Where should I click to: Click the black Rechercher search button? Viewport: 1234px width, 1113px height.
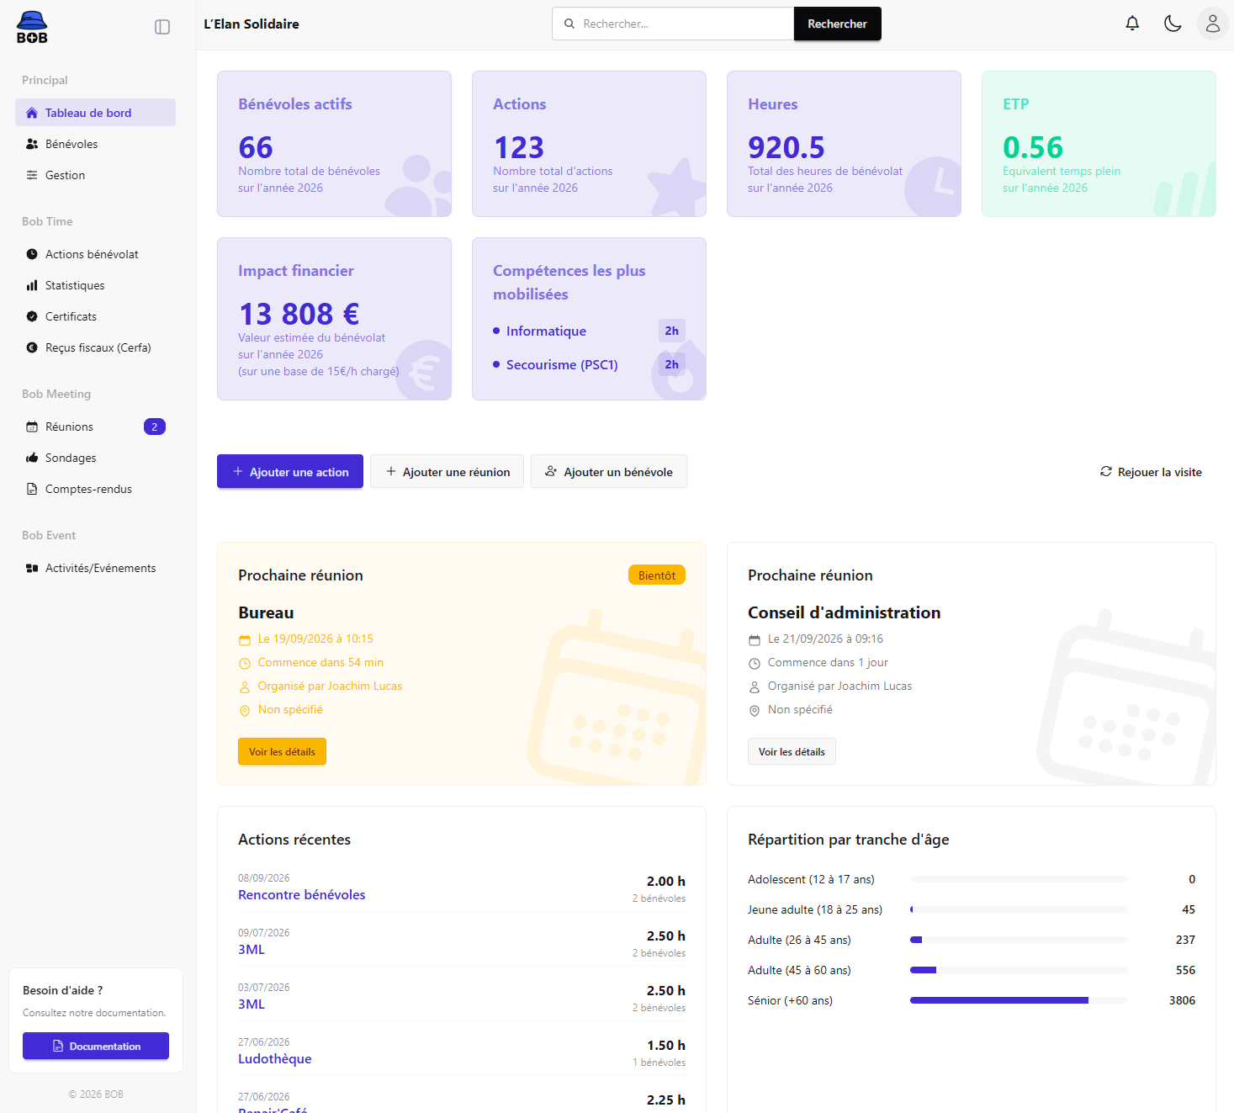(837, 24)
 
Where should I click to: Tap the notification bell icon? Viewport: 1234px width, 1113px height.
(1132, 24)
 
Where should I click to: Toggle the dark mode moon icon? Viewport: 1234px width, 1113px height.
(1173, 24)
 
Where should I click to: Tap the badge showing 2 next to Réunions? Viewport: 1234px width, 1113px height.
(155, 427)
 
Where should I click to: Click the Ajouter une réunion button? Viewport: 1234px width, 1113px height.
(447, 471)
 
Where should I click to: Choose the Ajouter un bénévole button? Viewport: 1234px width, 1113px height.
(608, 471)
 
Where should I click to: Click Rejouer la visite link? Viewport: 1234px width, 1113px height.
(1151, 472)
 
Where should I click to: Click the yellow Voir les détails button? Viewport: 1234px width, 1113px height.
(282, 751)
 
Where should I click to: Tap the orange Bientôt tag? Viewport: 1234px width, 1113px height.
(656, 575)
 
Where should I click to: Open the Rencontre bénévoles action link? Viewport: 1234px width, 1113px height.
(301, 894)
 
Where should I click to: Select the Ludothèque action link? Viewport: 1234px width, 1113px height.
(274, 1059)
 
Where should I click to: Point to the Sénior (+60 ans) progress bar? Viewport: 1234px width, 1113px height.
(1019, 1000)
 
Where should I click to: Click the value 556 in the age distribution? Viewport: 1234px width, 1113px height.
(1185, 970)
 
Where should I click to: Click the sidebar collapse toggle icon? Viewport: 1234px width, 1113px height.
(162, 27)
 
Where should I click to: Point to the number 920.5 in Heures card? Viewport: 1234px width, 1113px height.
(786, 147)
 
